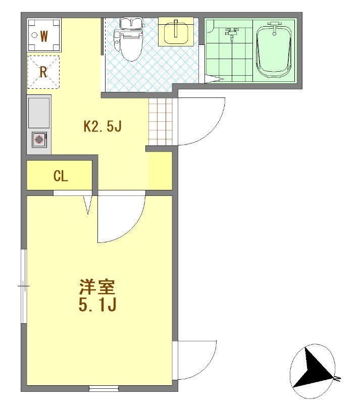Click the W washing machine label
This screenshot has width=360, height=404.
pos(44,36)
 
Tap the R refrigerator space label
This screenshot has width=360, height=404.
pos(43,72)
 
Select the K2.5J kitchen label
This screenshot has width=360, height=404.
pos(102,126)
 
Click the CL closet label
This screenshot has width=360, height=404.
pos(61,176)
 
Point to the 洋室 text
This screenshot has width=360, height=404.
pos(97,287)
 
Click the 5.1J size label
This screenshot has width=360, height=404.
pos(97,306)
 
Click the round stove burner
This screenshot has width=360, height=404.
pos(39,140)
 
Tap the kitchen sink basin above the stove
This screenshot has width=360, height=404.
pos(39,113)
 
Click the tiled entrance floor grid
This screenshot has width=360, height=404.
pos(160,122)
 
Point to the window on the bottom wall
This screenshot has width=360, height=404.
pos(104,388)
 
